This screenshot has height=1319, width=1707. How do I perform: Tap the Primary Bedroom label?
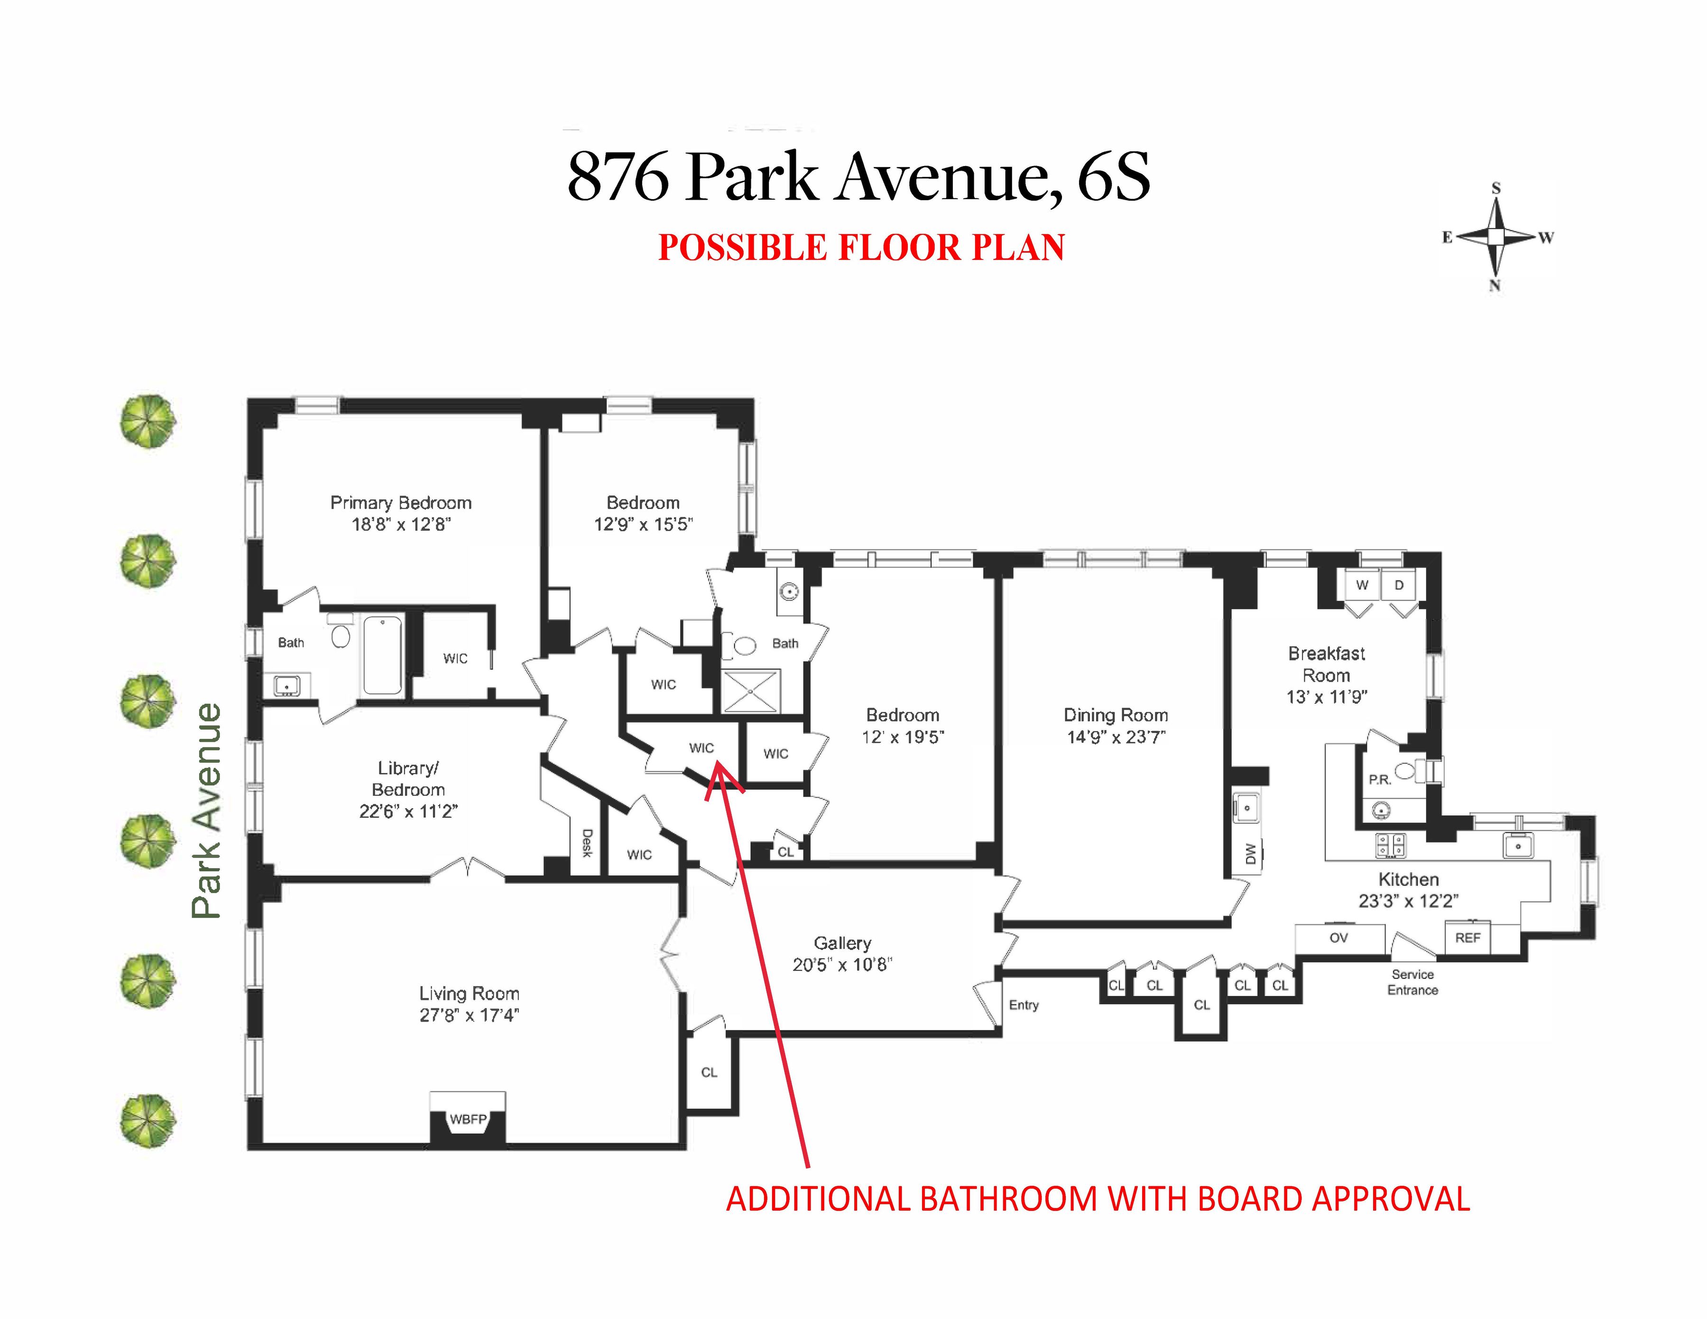pos(400,502)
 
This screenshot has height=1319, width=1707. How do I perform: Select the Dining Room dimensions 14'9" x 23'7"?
pos(1116,737)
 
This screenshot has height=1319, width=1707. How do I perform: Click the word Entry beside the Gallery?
pos(1023,1005)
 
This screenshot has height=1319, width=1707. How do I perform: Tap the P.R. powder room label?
pos(1380,780)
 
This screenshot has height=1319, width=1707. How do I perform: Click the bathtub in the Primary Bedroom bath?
pos(383,655)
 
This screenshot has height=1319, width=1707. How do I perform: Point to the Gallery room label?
pos(842,943)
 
